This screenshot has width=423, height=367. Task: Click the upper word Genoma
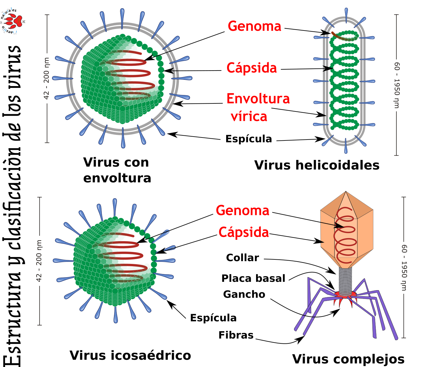(255, 26)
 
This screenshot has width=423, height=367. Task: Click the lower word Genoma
(243, 211)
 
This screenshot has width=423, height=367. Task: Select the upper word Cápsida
(252, 68)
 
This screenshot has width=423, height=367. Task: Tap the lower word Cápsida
(244, 232)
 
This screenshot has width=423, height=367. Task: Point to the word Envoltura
(258, 99)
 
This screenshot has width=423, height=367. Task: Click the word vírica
(249, 117)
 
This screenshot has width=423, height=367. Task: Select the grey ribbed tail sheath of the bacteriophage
(345, 281)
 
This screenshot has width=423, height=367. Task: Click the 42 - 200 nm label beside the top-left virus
(46, 79)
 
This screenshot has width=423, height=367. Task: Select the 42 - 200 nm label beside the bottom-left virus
(39, 261)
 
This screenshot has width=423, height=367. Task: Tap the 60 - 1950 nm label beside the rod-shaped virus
(397, 85)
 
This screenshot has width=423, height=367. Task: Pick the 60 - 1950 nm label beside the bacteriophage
(404, 267)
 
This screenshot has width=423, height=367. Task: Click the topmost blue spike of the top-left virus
(122, 16)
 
